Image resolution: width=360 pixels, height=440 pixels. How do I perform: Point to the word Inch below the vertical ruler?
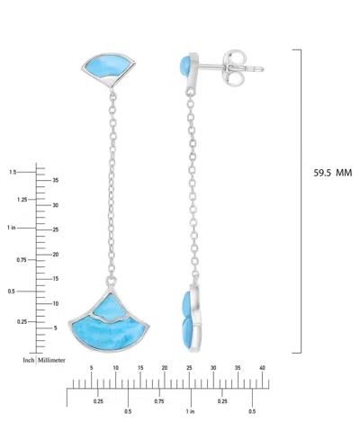29,359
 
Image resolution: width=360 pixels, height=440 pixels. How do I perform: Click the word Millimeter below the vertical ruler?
53,359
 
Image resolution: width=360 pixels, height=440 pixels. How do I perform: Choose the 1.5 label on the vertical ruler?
13,171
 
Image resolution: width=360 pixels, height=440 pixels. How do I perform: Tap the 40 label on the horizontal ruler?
262,368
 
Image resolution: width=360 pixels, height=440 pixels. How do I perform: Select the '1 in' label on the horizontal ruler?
190,412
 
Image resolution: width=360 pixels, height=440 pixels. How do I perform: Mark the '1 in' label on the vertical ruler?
11,228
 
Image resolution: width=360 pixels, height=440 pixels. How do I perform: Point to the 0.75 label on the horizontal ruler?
159,401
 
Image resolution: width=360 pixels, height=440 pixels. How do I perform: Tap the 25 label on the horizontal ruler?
188,368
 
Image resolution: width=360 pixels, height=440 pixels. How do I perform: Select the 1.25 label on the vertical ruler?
12,199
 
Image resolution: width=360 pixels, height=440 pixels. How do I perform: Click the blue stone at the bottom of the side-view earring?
187,306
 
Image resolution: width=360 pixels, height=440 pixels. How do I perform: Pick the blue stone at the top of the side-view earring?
185,66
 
